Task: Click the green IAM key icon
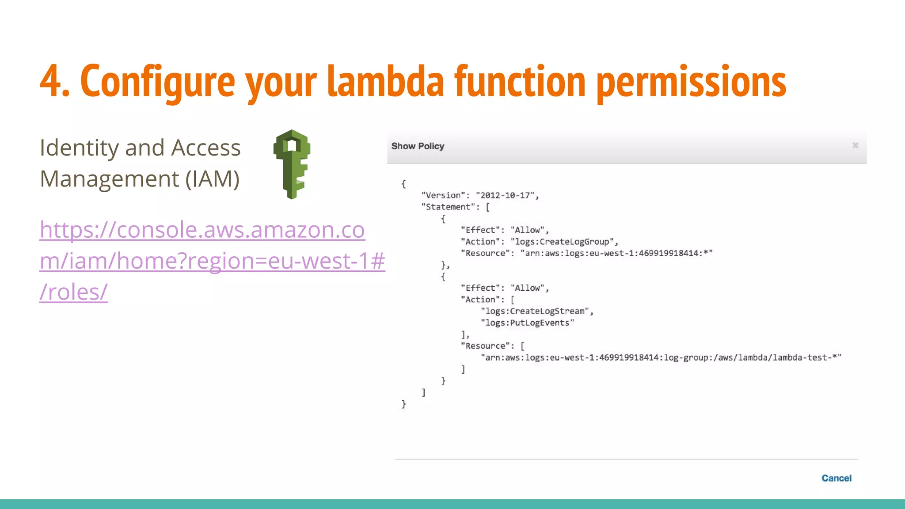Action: click(292, 164)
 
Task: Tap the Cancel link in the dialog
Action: click(836, 478)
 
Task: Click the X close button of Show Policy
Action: click(855, 145)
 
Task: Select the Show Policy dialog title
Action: click(418, 146)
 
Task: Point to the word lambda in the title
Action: click(385, 82)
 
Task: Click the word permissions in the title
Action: click(691, 82)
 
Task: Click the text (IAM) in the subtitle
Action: click(212, 179)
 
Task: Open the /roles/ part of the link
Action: click(74, 292)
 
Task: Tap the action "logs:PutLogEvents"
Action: click(527, 323)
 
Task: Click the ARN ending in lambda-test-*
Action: click(661, 357)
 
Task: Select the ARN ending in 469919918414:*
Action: click(616, 253)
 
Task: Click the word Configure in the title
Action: click(157, 82)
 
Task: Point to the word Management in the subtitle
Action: click(110, 179)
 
